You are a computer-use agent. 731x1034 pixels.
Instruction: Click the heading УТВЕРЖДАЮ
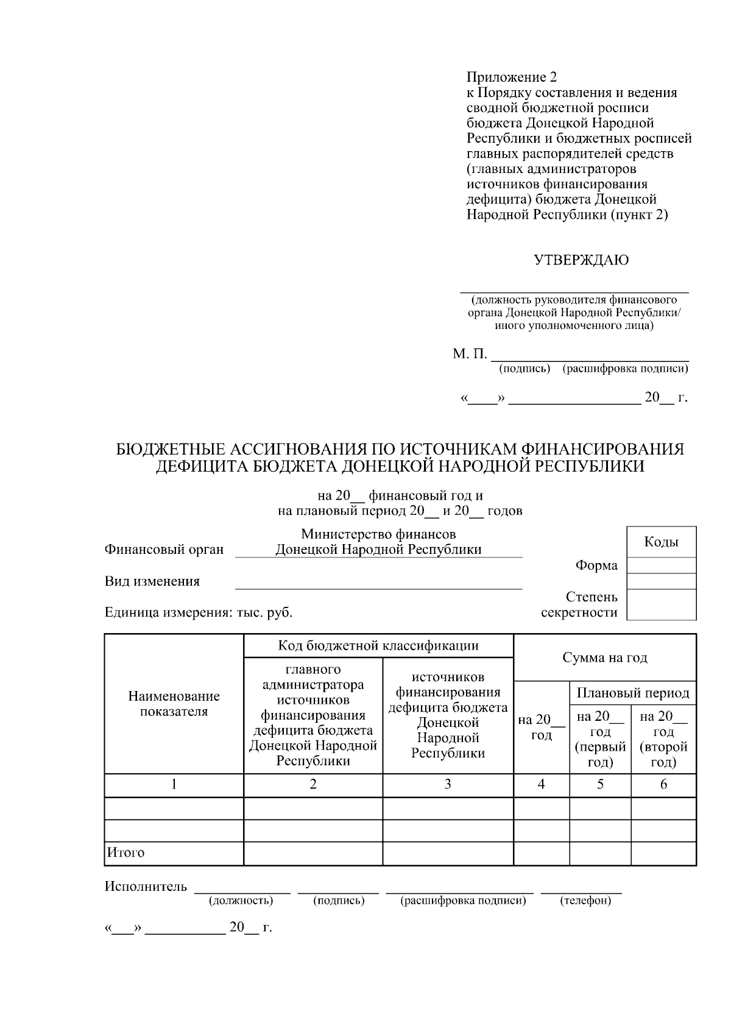coord(581,261)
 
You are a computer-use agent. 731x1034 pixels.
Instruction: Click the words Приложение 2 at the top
coord(511,77)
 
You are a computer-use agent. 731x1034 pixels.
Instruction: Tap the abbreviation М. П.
coord(470,354)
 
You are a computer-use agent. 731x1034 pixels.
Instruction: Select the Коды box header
coord(661,542)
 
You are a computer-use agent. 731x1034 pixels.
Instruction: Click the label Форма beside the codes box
coord(596,565)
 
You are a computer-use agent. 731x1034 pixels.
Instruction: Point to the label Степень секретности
coord(579,604)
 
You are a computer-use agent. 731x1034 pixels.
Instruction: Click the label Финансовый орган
coord(164,550)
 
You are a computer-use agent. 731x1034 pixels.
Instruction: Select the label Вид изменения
coord(152,581)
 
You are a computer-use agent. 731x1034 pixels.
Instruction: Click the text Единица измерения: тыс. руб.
coord(199,612)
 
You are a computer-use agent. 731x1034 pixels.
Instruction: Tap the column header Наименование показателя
coord(174,704)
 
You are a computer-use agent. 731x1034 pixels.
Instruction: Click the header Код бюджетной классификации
coord(378,645)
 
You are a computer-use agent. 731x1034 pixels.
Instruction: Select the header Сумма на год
coord(604,657)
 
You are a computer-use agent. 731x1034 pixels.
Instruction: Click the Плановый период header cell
coord(632,693)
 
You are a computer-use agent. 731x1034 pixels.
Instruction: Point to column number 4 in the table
coord(541,784)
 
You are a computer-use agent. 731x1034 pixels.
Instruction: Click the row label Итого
coord(125,852)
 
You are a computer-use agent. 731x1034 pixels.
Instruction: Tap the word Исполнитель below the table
coord(146,887)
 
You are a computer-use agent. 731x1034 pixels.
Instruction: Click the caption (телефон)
coord(585,901)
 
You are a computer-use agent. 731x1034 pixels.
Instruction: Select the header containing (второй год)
coord(663,738)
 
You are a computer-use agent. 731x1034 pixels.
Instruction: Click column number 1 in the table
coord(174,784)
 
